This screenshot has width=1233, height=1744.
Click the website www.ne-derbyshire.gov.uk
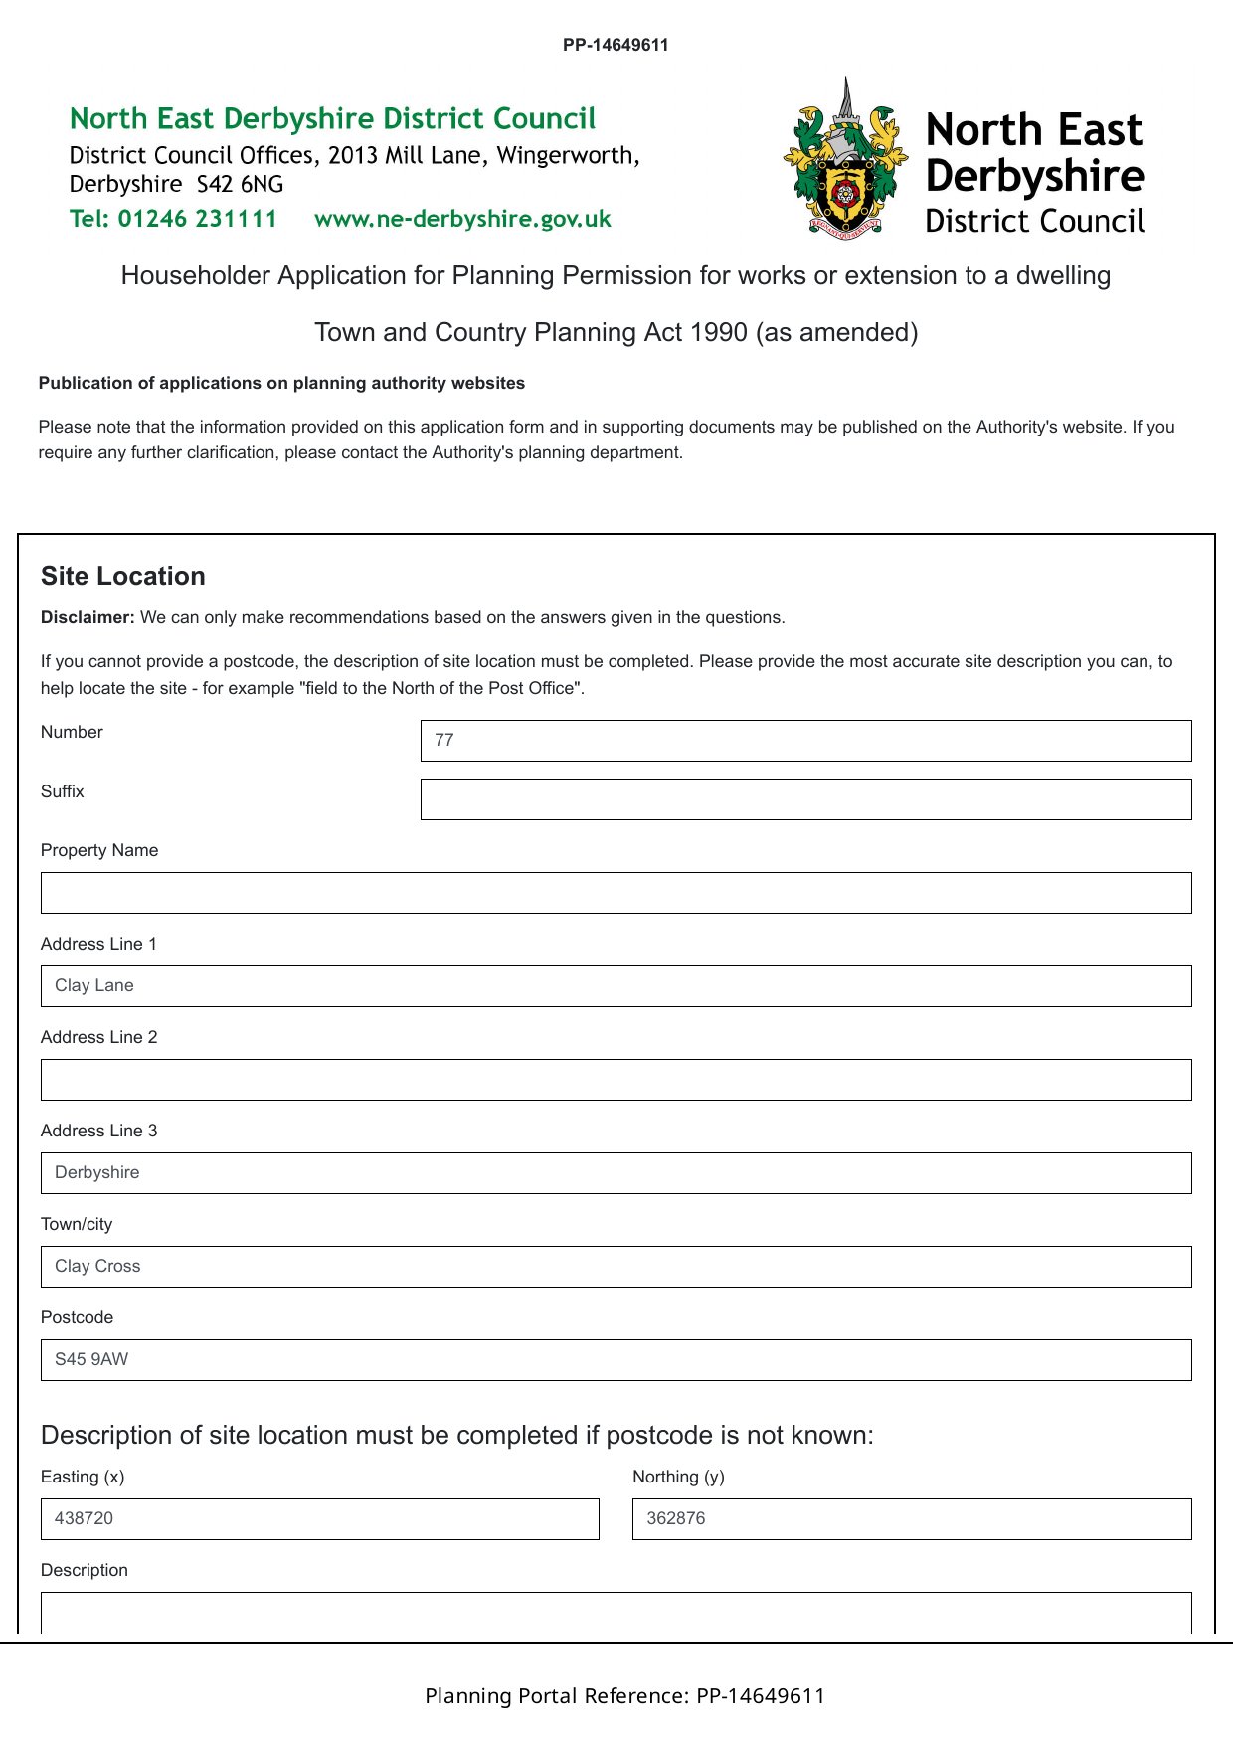click(x=462, y=219)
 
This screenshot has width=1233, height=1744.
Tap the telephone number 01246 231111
click(x=198, y=219)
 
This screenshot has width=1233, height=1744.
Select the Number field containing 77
click(x=805, y=741)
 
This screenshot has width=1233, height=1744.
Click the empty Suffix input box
click(x=805, y=799)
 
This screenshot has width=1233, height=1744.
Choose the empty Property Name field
click(x=616, y=893)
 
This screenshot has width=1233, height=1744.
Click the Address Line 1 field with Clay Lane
click(x=616, y=986)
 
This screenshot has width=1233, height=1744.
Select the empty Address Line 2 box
click(x=616, y=1080)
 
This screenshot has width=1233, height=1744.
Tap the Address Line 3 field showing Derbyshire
click(x=616, y=1173)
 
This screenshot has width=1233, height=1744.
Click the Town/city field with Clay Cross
click(x=616, y=1267)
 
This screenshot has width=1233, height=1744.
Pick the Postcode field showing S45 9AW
click(x=616, y=1360)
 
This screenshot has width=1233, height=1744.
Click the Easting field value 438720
click(x=319, y=1519)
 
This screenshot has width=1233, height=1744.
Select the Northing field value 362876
click(x=911, y=1519)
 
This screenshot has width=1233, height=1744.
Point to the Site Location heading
click(x=123, y=576)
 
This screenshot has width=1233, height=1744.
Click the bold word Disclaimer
click(x=88, y=617)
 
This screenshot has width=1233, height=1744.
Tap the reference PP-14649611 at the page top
click(x=616, y=45)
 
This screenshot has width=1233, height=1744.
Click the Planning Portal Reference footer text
click(x=624, y=1695)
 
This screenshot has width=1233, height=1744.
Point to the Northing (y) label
click(x=678, y=1477)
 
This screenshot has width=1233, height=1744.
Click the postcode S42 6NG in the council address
click(x=240, y=185)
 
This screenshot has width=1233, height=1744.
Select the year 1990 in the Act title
click(x=715, y=332)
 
